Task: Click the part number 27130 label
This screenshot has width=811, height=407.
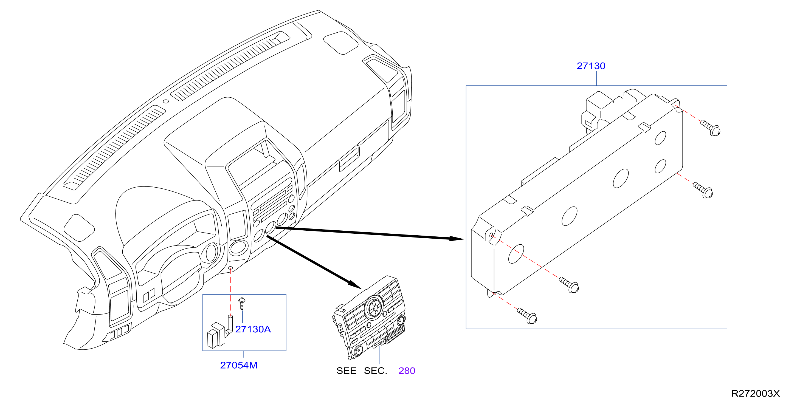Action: click(x=591, y=66)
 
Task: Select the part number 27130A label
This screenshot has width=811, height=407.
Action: click(x=253, y=329)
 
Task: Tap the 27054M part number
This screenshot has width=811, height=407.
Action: click(x=239, y=365)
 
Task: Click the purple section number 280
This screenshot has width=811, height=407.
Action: click(x=407, y=371)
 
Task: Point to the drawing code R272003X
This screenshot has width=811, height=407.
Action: click(x=755, y=394)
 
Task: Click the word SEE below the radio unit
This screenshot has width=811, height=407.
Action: click(x=346, y=371)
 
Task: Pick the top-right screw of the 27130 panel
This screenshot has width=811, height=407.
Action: click(x=711, y=128)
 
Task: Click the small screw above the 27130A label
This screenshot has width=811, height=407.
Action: click(x=242, y=303)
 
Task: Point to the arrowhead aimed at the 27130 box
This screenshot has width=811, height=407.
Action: click(x=456, y=239)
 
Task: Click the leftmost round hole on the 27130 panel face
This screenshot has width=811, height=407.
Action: click(x=516, y=254)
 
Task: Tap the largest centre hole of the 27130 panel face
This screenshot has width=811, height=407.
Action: click(x=621, y=179)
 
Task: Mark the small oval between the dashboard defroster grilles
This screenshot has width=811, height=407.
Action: click(x=166, y=101)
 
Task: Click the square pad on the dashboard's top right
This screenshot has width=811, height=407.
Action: click(x=341, y=43)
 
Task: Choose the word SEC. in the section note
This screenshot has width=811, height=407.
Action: click(x=376, y=371)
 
